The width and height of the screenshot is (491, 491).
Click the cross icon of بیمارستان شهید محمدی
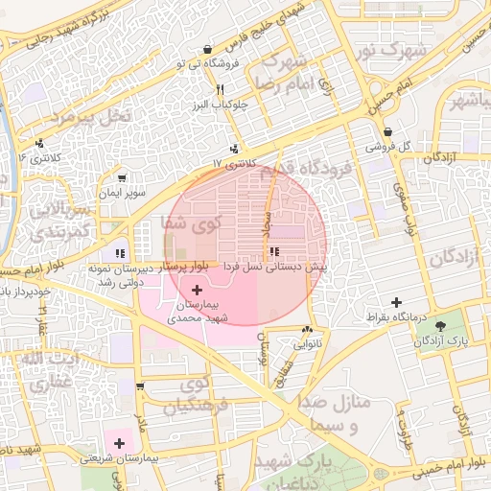pyautogui.click(x=198, y=290)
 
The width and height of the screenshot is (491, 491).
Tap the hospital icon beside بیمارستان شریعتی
pyautogui.click(x=119, y=443)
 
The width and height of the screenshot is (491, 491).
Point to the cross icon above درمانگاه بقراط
pyautogui.click(x=396, y=302)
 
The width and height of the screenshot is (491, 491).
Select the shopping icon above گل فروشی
pyautogui.click(x=387, y=132)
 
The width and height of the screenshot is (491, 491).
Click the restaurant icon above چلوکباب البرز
pyautogui.click(x=221, y=89)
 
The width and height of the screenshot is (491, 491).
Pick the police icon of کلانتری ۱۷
pyautogui.click(x=235, y=148)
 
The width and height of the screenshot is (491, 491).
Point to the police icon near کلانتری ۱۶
pyautogui.click(x=39, y=142)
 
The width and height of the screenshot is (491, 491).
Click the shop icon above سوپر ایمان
pyautogui.click(x=122, y=177)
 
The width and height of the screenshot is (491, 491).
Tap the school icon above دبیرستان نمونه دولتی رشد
pyautogui.click(x=120, y=253)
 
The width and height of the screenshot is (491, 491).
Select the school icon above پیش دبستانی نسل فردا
pyautogui.click(x=276, y=251)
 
